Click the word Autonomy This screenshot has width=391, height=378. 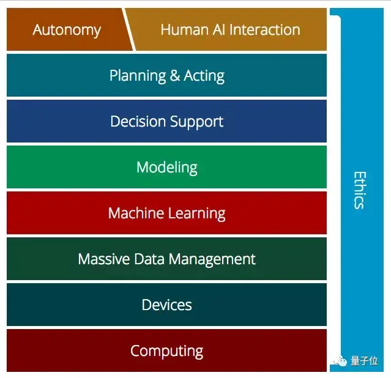tap(67, 30)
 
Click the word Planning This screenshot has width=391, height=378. tap(138, 76)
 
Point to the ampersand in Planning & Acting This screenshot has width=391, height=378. tap(175, 76)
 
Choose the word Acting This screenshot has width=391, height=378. tap(204, 76)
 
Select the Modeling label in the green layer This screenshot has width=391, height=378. tap(166, 167)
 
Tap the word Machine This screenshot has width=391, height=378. tap(135, 213)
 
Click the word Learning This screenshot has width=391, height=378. tap(195, 213)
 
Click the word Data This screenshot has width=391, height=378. tap(147, 259)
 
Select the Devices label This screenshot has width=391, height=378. tap(166, 305)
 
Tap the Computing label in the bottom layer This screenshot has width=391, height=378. tap(166, 351)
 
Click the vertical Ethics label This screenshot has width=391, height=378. tap(359, 190)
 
